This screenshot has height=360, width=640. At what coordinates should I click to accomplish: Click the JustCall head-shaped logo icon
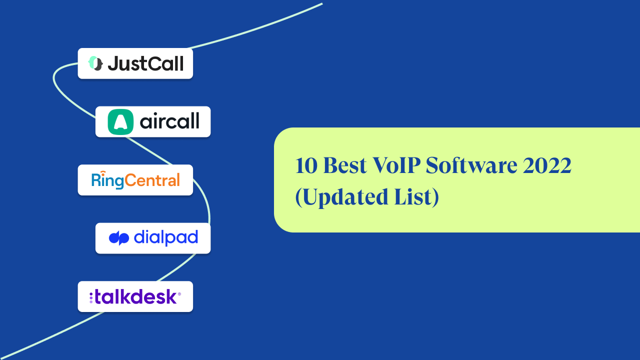tap(95, 63)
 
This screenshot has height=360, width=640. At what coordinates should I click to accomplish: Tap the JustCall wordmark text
tap(145, 63)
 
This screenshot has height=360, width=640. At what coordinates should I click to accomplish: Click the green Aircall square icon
tap(120, 121)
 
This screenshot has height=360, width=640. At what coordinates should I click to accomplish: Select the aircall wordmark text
tap(169, 121)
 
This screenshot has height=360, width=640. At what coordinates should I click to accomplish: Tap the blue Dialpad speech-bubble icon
tap(119, 238)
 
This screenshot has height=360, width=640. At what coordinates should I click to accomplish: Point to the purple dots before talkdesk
tap(91, 297)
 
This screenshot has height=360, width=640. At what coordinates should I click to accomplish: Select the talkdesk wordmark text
tap(135, 297)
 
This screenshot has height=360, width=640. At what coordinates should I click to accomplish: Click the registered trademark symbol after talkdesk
tap(179, 294)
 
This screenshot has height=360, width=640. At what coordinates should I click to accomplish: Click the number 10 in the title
tap(306, 166)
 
